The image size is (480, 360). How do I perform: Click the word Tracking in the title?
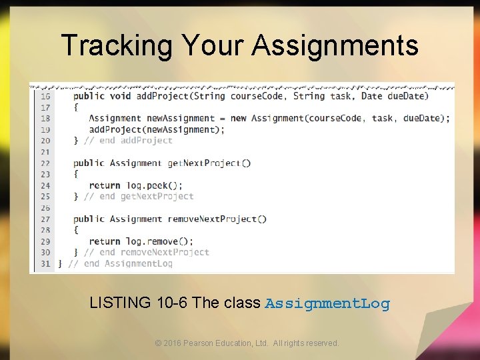coord(117,45)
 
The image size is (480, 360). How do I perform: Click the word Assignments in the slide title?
coord(335,45)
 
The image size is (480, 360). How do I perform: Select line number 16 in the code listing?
coord(45,96)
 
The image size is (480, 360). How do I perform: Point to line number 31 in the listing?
coord(45,263)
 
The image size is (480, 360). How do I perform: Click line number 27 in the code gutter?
coord(45,219)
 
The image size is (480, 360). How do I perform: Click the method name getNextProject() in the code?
coord(209,163)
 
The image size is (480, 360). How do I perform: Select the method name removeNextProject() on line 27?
coord(217,219)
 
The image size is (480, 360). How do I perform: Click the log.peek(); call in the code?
coord(155,185)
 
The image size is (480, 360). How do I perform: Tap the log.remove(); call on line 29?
coord(159,241)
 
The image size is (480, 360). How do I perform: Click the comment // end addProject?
coord(128,141)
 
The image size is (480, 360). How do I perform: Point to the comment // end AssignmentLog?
coord(120,263)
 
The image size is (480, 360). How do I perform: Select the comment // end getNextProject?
coord(139,197)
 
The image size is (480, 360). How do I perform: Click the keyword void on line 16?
coord(120,96)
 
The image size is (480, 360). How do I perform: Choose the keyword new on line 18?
coord(238,119)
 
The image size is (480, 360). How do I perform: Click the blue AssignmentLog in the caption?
coord(327,304)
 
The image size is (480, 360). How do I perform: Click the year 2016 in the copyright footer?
coord(172,343)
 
